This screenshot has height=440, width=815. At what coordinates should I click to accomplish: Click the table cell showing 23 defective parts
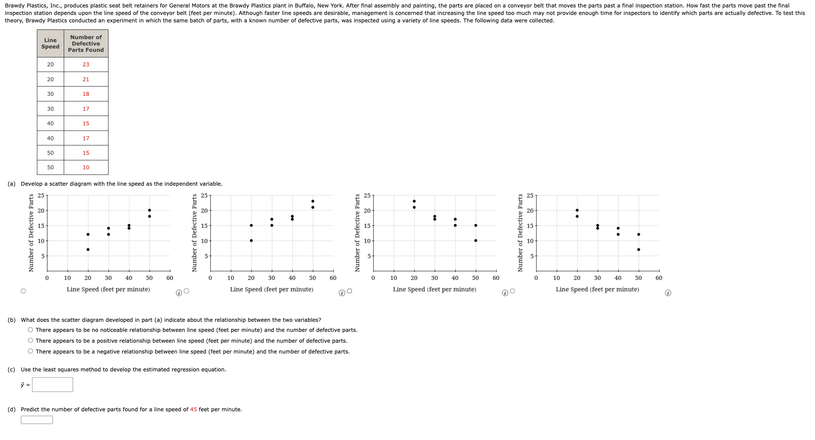(x=86, y=65)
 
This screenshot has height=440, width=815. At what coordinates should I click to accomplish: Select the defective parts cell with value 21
(x=86, y=79)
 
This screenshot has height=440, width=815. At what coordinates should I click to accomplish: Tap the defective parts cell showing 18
(x=86, y=94)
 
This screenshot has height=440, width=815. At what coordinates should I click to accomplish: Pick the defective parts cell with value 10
(x=86, y=167)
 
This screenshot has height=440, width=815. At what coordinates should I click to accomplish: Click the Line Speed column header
(x=50, y=43)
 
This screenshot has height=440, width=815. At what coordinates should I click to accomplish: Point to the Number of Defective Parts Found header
(x=86, y=43)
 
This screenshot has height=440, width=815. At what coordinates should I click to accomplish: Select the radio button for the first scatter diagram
(x=23, y=291)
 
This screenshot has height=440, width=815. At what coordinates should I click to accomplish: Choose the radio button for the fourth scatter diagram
(x=513, y=291)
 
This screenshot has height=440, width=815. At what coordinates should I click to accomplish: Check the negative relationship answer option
(x=31, y=351)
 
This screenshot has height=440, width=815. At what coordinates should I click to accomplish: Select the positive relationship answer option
(x=31, y=340)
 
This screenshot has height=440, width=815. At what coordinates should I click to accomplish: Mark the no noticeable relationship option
(x=31, y=330)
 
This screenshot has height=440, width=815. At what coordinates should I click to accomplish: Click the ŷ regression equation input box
(x=53, y=384)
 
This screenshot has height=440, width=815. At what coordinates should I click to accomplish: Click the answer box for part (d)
(x=37, y=420)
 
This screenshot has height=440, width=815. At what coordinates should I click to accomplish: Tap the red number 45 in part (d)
(x=193, y=409)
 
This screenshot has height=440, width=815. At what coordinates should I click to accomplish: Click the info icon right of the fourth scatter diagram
(x=668, y=293)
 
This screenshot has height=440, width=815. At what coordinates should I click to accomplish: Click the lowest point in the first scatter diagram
(x=88, y=249)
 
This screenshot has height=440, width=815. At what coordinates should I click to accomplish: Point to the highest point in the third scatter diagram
(x=414, y=201)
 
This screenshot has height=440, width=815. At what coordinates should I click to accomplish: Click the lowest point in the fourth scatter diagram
(x=639, y=249)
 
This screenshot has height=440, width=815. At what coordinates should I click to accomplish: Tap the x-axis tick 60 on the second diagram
(x=333, y=278)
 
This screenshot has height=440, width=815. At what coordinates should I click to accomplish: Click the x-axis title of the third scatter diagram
(x=434, y=289)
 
